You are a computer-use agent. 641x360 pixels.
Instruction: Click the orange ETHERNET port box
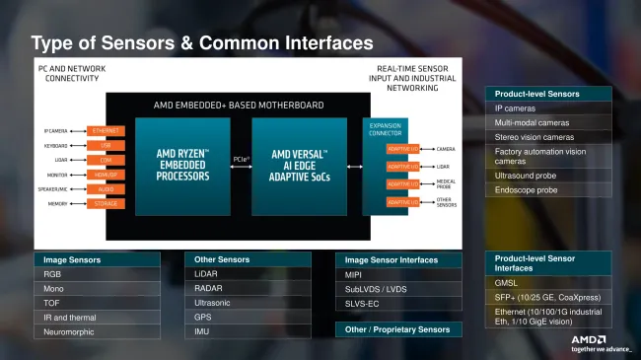point(106,130)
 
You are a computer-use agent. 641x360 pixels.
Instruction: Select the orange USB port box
point(106,145)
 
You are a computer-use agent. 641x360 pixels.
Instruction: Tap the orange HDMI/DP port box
point(106,174)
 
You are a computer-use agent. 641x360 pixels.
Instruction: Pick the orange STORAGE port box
point(106,203)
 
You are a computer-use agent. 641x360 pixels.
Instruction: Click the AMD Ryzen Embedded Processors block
point(182,165)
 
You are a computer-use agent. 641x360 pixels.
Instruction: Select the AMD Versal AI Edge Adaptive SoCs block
point(300,165)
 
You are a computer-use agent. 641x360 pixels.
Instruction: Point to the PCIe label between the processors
point(241,158)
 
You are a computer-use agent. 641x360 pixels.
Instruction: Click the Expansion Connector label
point(385,129)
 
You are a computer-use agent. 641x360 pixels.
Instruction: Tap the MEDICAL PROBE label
point(445,183)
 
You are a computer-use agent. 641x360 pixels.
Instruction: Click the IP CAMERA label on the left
point(55,130)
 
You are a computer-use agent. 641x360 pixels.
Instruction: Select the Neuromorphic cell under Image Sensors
point(96,331)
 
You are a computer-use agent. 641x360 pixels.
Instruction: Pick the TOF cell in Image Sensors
point(96,303)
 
